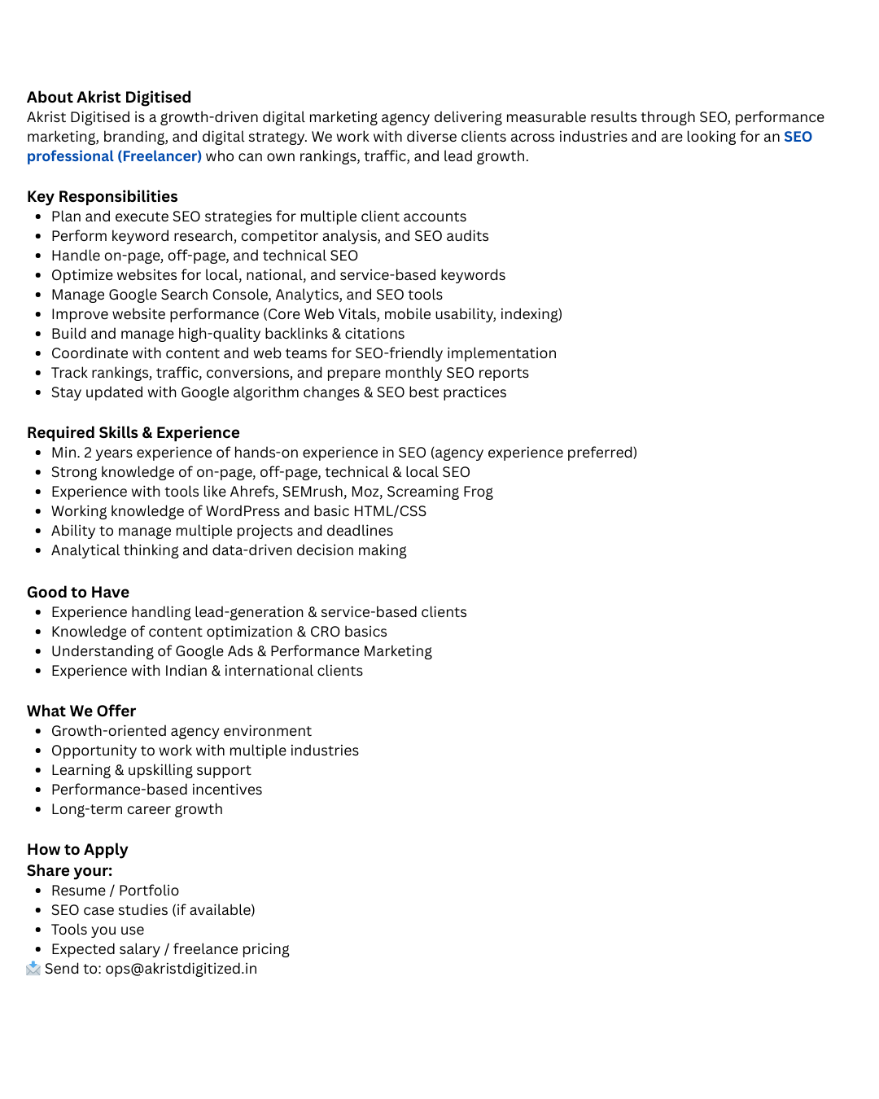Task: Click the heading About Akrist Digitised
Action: click(x=109, y=98)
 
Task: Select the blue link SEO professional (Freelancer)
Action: click(x=114, y=156)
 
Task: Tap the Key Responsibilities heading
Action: click(x=103, y=197)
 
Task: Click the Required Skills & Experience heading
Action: click(x=133, y=433)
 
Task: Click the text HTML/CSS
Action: click(x=390, y=511)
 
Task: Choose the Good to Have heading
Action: click(x=78, y=593)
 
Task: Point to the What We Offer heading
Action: click(x=81, y=712)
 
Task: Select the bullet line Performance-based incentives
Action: click(x=156, y=790)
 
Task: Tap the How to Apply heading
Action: click(x=77, y=850)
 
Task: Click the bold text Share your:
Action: click(x=70, y=871)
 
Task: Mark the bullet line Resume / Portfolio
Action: click(x=115, y=891)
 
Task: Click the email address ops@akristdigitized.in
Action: click(x=181, y=969)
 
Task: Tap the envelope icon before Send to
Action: click(x=33, y=968)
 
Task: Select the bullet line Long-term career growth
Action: click(x=137, y=809)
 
